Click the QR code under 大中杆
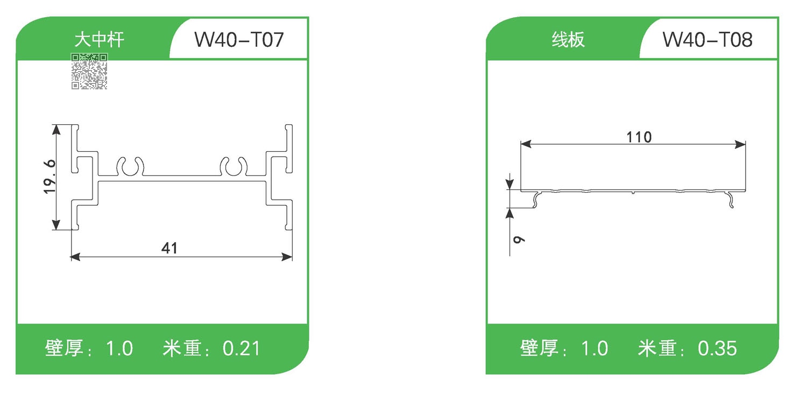(x=89, y=71)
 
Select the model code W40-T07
(x=238, y=40)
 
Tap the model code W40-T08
(x=707, y=40)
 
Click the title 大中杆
(x=99, y=40)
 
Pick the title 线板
(x=568, y=40)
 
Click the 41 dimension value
(x=169, y=248)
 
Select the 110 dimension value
(x=639, y=137)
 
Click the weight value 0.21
(x=241, y=349)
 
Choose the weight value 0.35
(x=717, y=349)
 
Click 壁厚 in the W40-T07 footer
(x=63, y=349)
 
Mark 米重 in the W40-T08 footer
(x=657, y=349)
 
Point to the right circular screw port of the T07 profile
(x=234, y=168)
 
